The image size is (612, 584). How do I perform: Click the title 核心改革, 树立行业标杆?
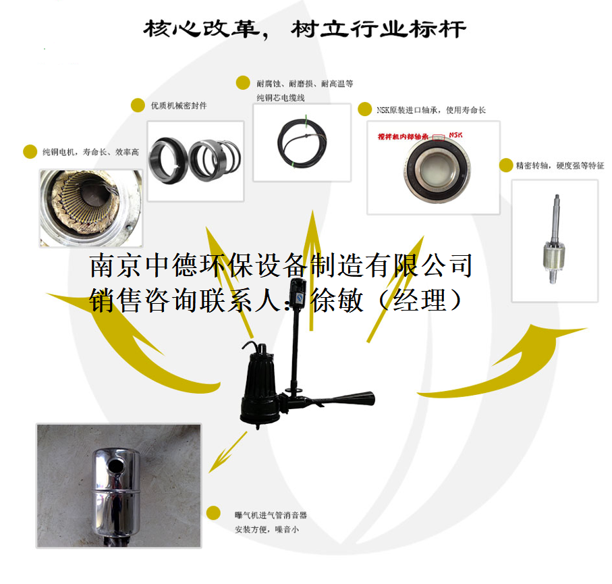point(304,29)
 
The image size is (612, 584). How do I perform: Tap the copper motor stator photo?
point(91,208)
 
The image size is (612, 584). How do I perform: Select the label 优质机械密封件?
point(179,106)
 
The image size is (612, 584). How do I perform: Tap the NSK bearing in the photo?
point(433,167)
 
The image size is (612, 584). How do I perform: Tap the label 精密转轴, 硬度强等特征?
point(560,165)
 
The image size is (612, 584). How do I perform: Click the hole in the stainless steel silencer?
point(115,464)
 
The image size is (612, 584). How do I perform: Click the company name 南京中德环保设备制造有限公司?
point(281,266)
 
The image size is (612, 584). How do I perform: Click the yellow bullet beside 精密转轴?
point(505,165)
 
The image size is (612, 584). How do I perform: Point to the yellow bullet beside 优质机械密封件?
point(138,105)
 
